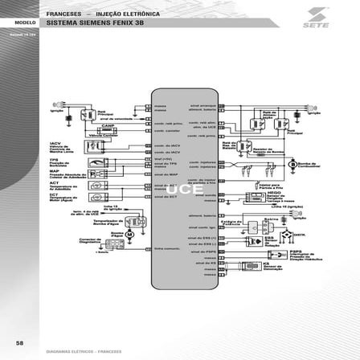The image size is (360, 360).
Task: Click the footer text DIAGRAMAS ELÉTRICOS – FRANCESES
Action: [x=84, y=351]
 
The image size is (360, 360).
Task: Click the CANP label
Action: [x=107, y=126]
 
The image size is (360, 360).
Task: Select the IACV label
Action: [x=55, y=143]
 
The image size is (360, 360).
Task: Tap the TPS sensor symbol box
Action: [x=94, y=162]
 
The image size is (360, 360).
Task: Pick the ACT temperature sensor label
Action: [x=54, y=182]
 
